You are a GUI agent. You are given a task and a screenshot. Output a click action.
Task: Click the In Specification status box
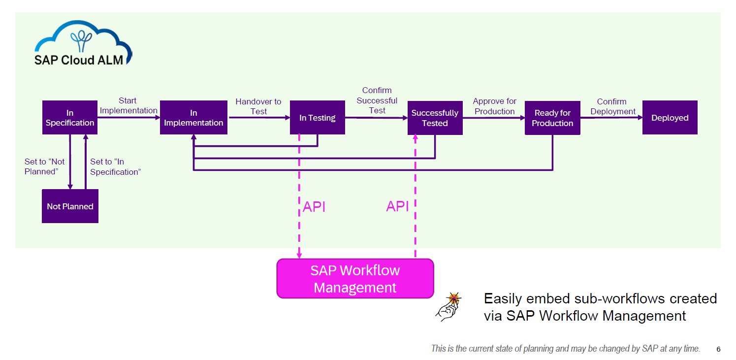pos(69,118)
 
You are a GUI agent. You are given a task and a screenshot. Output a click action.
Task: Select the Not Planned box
pos(70,206)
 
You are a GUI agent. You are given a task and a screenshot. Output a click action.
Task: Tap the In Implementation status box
pos(193,118)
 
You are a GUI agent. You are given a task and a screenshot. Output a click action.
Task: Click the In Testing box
pos(317,118)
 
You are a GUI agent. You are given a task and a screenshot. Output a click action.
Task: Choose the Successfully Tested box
pos(435,118)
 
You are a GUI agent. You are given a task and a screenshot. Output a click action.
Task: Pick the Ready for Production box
pos(552,118)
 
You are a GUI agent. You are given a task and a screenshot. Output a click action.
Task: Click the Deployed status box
pos(670,118)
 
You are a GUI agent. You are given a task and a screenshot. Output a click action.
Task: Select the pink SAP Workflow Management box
pos(355,278)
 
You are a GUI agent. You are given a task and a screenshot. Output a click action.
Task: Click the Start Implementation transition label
pos(128,106)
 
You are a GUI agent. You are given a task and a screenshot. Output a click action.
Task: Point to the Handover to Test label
pos(258,106)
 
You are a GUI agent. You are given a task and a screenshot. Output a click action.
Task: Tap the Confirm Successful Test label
pos(377,100)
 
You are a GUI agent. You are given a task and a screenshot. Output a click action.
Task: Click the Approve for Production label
pos(494,106)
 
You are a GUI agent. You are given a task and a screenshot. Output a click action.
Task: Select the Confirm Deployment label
pos(613,106)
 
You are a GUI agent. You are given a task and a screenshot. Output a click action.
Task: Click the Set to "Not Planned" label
pos(44,166)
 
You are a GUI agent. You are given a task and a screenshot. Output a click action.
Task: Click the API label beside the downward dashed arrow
pos(314,207)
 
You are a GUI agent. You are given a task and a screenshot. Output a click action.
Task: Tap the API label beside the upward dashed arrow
pos(397,206)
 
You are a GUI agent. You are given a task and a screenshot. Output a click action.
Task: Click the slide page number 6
pos(718,349)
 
